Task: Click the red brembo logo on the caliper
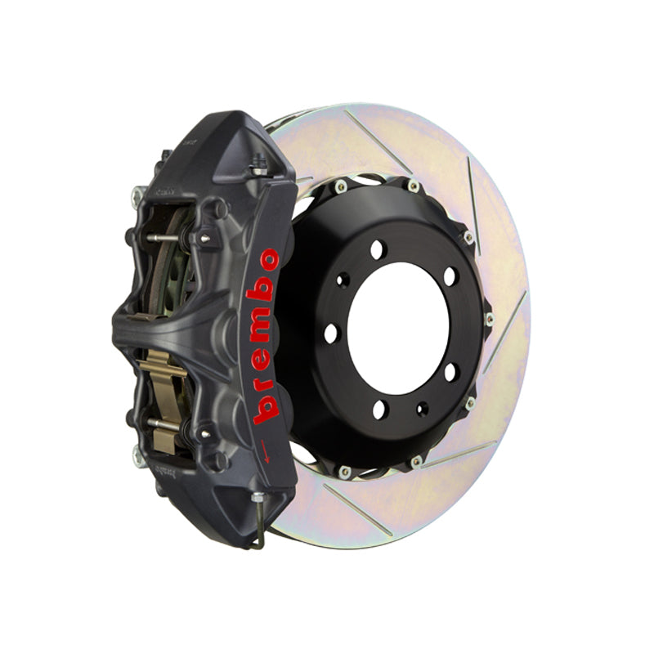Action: [265, 336]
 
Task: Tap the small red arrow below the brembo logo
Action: [264, 451]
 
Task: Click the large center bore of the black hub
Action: [398, 329]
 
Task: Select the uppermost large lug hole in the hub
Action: [378, 249]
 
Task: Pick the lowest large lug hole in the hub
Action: [379, 410]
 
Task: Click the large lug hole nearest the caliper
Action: [331, 334]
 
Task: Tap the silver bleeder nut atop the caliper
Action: [259, 168]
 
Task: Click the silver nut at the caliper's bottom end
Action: [258, 497]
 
